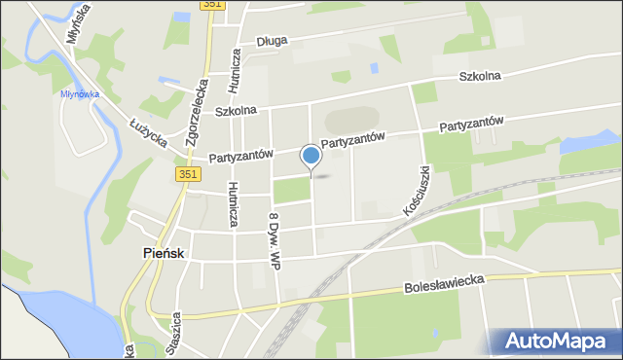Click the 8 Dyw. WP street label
pos(275,238)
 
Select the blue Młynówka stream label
pos(81,94)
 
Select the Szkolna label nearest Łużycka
pos(235,110)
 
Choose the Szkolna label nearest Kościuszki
pos(480,76)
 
